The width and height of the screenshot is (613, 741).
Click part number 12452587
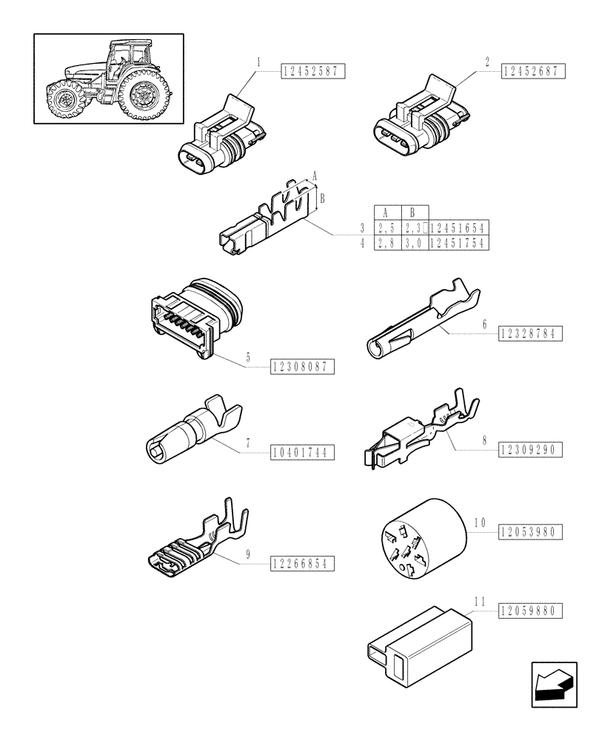tap(313, 72)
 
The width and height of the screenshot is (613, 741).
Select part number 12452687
tap(533, 72)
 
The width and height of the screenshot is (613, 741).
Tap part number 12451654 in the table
tap(460, 227)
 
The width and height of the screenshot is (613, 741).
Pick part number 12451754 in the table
tap(460, 243)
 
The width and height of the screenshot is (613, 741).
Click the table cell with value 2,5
tap(386, 227)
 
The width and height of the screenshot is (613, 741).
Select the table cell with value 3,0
tap(415, 243)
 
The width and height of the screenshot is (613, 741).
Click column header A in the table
tap(386, 212)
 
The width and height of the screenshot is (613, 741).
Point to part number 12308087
tap(303, 366)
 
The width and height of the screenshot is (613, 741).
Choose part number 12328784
tap(531, 333)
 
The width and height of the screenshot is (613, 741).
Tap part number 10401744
tap(303, 452)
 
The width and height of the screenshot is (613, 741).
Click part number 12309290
tap(531, 449)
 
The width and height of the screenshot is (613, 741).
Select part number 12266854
tap(303, 564)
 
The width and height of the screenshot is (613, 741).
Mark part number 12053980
tap(531, 531)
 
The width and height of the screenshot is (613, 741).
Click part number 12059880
tap(531, 611)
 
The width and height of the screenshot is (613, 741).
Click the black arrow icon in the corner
tap(553, 681)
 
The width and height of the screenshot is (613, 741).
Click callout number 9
tap(247, 555)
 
